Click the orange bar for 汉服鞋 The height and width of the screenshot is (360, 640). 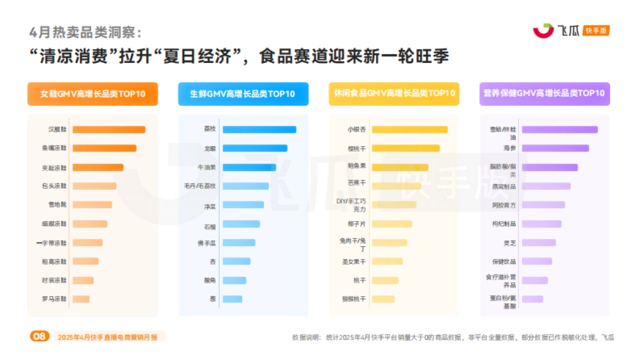tap(109, 130)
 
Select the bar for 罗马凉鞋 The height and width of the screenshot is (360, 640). tap(81, 299)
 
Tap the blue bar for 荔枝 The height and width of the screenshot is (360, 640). tap(259, 130)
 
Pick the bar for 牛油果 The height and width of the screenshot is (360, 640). tap(249, 167)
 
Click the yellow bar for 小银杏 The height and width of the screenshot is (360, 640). tap(410, 130)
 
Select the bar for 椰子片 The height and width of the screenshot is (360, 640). tap(392, 224)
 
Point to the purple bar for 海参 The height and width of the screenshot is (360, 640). tap(555, 148)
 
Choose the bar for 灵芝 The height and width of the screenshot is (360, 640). tap(539, 243)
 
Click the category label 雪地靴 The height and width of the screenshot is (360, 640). tap(58, 205)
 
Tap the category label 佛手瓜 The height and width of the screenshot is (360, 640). tap(206, 243)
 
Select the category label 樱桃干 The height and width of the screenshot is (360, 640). tap(356, 148)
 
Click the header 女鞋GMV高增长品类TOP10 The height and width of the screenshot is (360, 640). tap(93, 94)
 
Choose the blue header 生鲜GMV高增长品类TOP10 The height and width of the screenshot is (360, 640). tap(243, 94)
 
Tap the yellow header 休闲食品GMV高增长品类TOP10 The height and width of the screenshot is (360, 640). tap(394, 94)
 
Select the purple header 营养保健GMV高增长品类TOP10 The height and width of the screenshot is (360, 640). tap(544, 94)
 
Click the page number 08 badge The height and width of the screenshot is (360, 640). tap(39, 337)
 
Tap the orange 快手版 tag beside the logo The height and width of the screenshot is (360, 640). tap(596, 31)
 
